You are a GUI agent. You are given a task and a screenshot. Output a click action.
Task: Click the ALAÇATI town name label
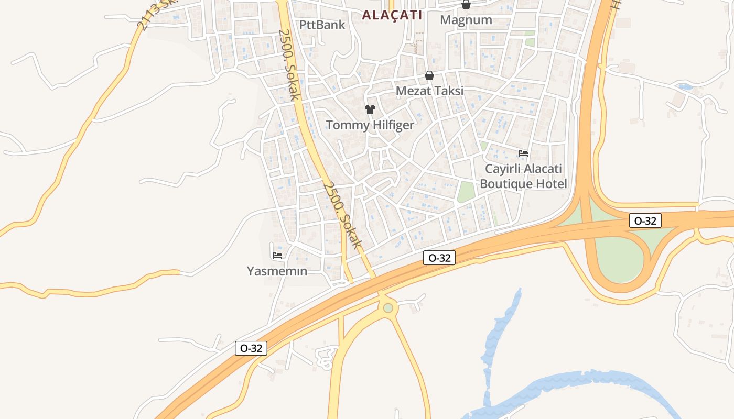coord(392,15)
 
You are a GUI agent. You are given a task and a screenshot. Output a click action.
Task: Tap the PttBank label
coord(322,25)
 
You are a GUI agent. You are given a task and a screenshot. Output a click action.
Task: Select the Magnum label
coord(466,20)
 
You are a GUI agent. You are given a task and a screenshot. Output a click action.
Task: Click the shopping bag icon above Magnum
coord(466,5)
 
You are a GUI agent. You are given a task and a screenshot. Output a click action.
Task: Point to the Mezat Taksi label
coord(429,91)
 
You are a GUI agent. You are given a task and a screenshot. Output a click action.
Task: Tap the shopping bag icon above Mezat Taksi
coord(429,76)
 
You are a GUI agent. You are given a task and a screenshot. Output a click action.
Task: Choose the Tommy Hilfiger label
coord(370,125)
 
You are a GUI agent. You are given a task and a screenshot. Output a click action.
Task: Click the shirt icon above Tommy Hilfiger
coord(370,109)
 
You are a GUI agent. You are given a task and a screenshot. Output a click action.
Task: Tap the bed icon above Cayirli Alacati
coord(523,153)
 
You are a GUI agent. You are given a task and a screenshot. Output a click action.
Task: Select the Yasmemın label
coord(277,271)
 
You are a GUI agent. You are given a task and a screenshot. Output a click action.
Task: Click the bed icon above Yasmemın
coord(277,256)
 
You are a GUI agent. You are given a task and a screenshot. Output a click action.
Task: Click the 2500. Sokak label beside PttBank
coord(289,64)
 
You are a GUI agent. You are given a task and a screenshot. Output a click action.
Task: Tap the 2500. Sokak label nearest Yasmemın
coord(343,215)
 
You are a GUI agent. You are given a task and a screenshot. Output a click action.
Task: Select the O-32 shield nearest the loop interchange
coord(645,220)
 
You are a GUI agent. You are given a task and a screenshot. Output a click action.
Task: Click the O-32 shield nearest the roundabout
coord(439,257)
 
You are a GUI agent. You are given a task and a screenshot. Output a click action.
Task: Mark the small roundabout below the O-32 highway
coord(388,308)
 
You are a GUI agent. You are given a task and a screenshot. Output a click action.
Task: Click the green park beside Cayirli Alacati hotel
coord(466,192)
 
